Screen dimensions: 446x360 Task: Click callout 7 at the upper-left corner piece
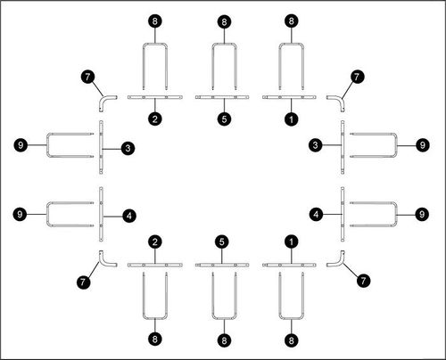point(87,77)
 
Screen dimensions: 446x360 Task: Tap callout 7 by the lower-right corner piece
point(363,280)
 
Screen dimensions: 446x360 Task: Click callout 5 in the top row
point(224,119)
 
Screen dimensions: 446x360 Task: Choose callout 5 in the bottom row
point(222,241)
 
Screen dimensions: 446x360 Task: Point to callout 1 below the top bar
point(291,119)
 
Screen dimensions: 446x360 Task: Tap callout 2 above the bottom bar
point(155,241)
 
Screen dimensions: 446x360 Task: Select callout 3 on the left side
point(128,148)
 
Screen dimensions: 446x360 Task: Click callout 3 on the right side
point(316,145)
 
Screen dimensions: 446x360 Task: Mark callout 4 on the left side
point(129,216)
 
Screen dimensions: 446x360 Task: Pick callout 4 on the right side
point(316,214)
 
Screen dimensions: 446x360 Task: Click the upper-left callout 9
point(21,145)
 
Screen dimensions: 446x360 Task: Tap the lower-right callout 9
point(422,214)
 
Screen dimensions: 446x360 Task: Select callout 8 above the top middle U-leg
point(224,21)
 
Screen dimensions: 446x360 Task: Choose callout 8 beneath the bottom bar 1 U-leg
point(291,340)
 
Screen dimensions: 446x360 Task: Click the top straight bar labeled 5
point(222,97)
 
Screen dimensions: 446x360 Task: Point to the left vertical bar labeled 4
point(101,214)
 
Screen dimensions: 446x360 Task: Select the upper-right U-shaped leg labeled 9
point(396,145)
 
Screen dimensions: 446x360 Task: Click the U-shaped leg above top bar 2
point(155,44)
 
